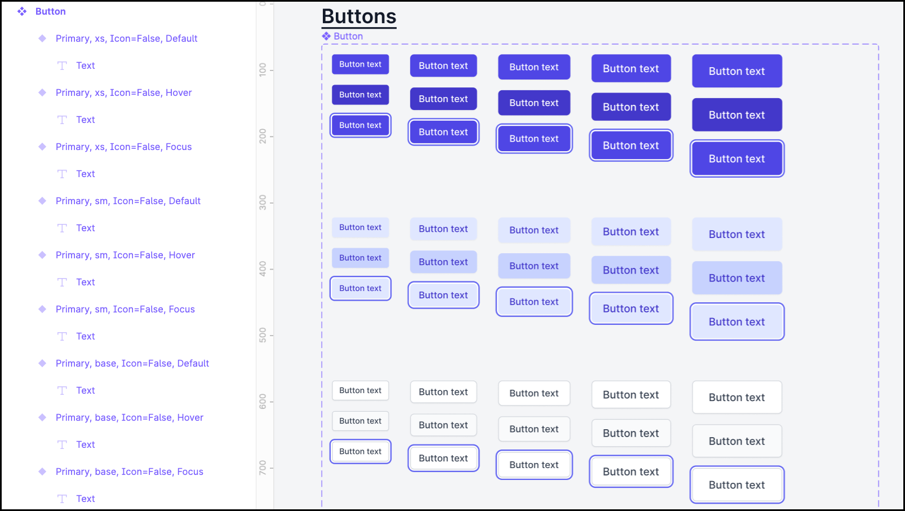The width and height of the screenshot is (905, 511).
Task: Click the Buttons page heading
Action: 359,17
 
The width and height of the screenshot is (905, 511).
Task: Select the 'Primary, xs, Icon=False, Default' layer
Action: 126,38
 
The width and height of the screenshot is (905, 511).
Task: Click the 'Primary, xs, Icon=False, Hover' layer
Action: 123,92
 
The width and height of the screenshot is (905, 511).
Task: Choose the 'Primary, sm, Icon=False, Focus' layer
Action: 125,309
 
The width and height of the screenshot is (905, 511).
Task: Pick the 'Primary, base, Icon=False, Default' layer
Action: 132,363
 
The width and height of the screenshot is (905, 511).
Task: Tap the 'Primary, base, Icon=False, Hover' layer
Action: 129,417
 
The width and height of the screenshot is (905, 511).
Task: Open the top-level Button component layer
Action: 50,11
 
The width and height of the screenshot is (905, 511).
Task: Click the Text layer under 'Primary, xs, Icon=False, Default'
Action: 85,65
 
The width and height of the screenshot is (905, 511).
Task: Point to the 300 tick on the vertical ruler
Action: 263,202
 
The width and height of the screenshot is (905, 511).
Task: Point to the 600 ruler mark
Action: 263,402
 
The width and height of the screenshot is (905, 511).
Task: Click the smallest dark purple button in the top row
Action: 360,64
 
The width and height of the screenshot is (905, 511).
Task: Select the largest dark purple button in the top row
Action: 737,71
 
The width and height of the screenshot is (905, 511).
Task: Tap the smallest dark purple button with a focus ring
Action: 360,125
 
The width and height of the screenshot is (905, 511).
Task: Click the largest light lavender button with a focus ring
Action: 737,321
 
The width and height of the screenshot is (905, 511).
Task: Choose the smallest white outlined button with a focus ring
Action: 360,451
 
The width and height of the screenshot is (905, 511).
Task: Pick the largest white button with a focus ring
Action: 737,484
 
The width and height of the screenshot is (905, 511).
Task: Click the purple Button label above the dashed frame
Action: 348,36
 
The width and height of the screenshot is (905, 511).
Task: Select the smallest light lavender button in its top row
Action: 360,227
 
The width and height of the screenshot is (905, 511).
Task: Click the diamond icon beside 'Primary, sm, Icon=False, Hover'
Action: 42,255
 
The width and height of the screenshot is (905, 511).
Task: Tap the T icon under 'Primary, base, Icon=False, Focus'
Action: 62,499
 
